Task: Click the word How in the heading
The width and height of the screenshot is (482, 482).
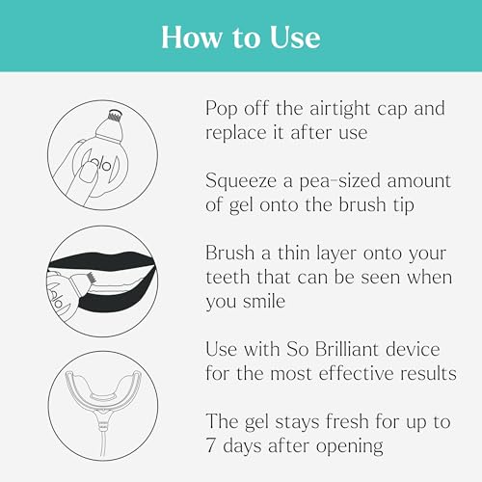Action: (184, 38)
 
